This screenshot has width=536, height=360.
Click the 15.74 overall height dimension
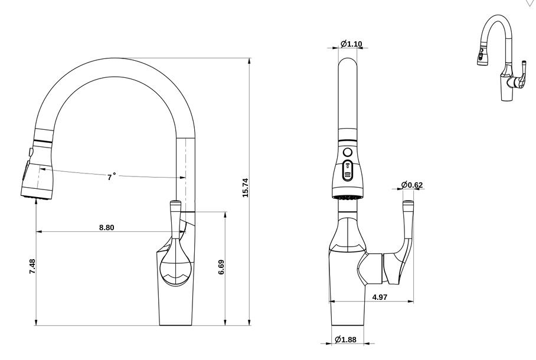(245, 187)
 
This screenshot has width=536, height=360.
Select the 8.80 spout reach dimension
(106, 227)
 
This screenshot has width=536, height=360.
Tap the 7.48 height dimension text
(32, 266)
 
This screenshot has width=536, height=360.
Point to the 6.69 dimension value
(221, 267)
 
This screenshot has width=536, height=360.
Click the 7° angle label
(111, 176)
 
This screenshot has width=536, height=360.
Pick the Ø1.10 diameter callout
(351, 44)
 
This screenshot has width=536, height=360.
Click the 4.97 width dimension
(380, 297)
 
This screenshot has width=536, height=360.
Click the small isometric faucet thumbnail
(501, 59)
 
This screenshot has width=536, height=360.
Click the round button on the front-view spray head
(347, 152)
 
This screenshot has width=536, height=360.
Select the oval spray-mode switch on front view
(348, 171)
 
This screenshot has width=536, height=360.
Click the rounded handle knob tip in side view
(176, 205)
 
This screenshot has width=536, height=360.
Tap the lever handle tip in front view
(408, 204)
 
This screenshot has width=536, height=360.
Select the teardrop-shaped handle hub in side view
(175, 266)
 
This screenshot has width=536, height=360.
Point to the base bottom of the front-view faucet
(348, 324)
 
